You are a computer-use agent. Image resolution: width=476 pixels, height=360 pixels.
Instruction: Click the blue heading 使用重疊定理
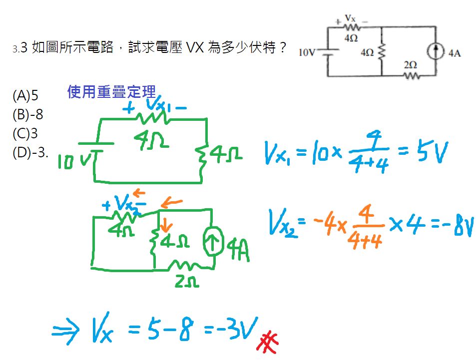point(111,91)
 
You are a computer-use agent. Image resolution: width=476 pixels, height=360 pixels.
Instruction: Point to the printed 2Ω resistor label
point(411,65)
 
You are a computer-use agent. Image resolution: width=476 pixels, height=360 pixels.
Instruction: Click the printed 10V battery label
point(307,52)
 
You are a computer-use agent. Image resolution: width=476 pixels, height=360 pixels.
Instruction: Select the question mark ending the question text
point(284,48)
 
